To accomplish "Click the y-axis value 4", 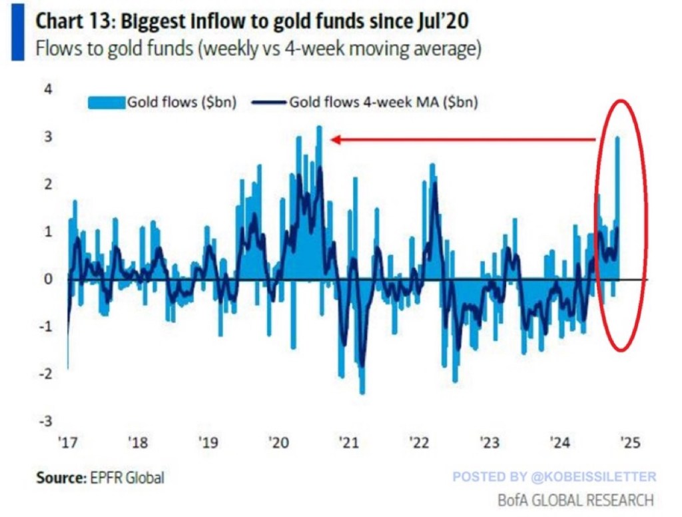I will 47,89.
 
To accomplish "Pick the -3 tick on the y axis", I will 45,421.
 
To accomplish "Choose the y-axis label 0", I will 47,279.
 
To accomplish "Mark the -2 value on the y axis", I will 45,374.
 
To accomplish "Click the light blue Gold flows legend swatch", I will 107,103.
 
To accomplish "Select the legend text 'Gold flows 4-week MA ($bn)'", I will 384,103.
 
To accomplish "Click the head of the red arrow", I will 335,140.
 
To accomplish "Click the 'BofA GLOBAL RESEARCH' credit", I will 575,499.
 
